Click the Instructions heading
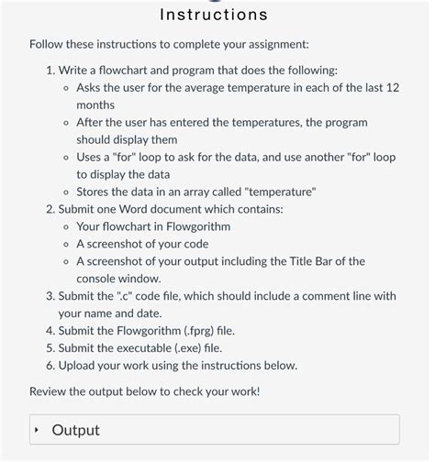point(214,15)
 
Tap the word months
point(95,104)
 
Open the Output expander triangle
point(37,430)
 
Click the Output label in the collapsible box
point(76,430)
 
